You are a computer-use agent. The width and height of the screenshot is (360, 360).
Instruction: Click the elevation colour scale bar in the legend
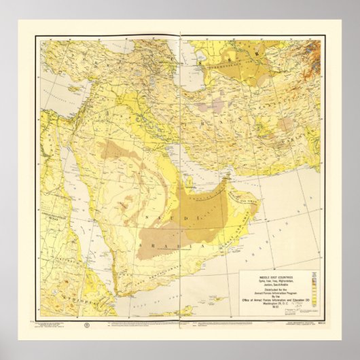click(x=313, y=285)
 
